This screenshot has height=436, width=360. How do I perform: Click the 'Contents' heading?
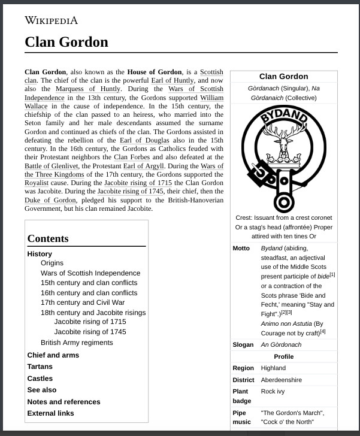click(48, 238)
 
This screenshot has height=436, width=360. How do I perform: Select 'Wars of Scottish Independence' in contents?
click(90, 273)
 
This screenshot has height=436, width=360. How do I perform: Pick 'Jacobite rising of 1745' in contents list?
click(90, 332)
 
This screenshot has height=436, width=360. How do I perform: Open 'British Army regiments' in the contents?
click(77, 343)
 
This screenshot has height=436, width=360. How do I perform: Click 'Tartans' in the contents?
click(40, 367)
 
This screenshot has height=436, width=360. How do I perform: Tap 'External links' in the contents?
click(50, 413)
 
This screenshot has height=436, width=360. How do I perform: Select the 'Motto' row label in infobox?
click(241, 249)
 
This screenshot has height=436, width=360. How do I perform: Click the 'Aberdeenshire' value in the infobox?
click(281, 380)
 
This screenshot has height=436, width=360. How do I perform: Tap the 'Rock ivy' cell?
click(273, 391)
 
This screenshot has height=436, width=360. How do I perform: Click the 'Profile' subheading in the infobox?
click(283, 356)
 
